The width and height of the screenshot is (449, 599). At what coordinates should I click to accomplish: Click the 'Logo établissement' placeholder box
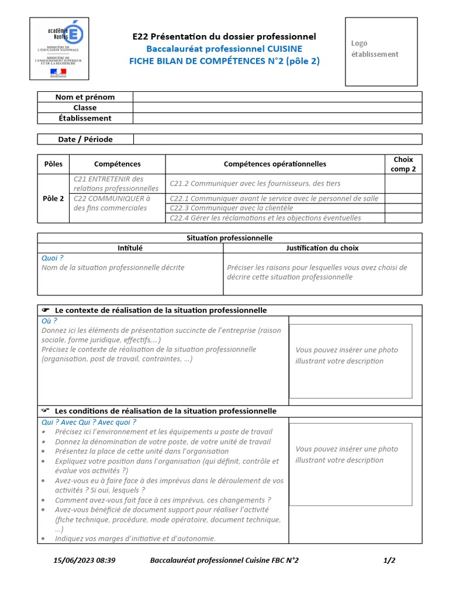(381, 51)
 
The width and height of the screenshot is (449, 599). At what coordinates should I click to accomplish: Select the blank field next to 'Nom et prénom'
(277, 97)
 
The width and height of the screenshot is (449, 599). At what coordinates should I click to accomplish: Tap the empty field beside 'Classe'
(277, 108)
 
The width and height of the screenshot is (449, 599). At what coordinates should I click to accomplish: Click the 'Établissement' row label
(85, 118)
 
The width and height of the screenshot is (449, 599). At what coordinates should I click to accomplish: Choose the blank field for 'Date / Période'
(277, 139)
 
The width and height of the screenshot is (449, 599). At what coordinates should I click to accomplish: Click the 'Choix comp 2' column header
(403, 164)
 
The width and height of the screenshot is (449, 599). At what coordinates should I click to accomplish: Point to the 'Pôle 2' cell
(54, 198)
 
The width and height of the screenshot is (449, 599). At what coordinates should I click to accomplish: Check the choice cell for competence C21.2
(403, 184)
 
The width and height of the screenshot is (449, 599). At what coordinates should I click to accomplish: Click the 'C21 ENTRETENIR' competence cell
(116, 184)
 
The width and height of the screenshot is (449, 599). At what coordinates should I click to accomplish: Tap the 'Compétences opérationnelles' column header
(275, 164)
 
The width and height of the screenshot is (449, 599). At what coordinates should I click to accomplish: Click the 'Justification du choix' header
(322, 248)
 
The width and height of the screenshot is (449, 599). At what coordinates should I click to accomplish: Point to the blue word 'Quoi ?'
(52, 257)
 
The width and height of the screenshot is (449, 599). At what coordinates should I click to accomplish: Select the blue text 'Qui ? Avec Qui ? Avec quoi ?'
(88, 422)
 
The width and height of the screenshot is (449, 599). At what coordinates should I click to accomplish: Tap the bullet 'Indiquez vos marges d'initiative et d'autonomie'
(135, 538)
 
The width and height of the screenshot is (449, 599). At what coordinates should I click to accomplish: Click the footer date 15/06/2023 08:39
(84, 560)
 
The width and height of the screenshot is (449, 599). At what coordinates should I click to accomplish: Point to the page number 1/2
(389, 560)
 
